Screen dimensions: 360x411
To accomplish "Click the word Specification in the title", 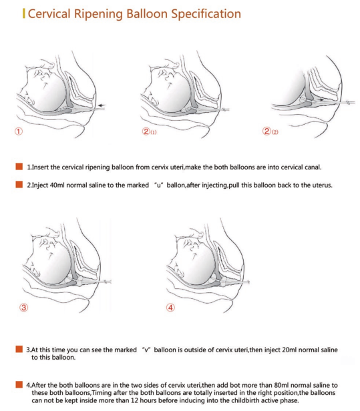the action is coord(206,14).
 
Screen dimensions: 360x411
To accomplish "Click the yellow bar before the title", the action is coord(24,13).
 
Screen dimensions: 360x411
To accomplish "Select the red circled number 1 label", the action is coord(19,131).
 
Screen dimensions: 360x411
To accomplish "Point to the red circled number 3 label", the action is coord(24,307).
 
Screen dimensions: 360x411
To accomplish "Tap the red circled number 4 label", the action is coord(170,307).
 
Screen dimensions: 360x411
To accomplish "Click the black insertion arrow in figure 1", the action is coord(102,105).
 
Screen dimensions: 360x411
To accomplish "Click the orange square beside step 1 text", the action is coord(19,167).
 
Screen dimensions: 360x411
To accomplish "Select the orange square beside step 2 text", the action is coord(19,185).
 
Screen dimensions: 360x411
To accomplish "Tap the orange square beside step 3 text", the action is coord(19,349).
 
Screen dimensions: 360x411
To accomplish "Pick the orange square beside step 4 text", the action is coord(19,384).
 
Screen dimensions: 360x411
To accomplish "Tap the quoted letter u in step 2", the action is coord(158,185).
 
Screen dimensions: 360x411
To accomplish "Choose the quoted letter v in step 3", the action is coord(146,350).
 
